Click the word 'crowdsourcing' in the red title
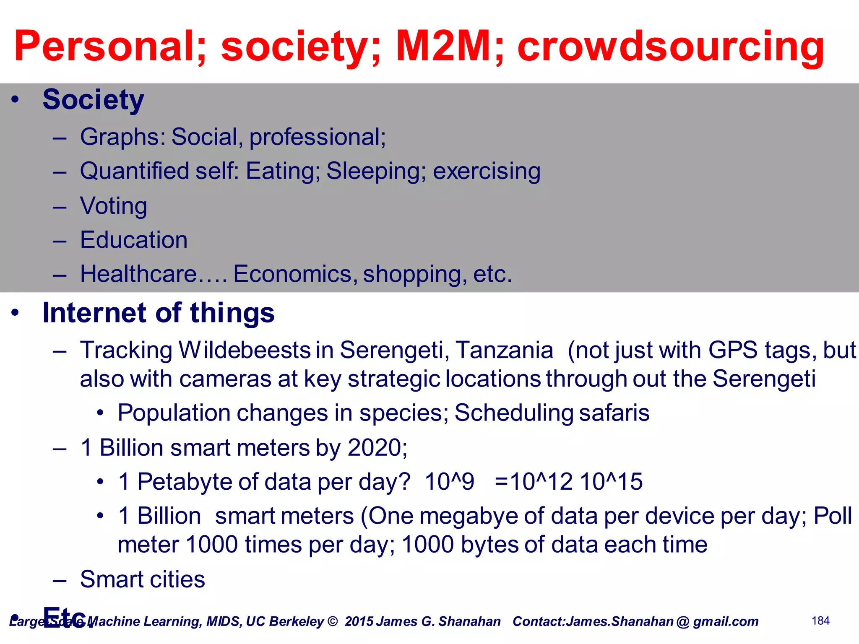point(670,47)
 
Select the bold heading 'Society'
point(93,100)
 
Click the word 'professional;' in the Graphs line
point(318,137)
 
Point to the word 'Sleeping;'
point(376,171)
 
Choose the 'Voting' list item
point(114,206)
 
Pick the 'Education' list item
point(134,240)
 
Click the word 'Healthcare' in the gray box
point(138,274)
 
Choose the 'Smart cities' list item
point(143,579)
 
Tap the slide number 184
point(820,621)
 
